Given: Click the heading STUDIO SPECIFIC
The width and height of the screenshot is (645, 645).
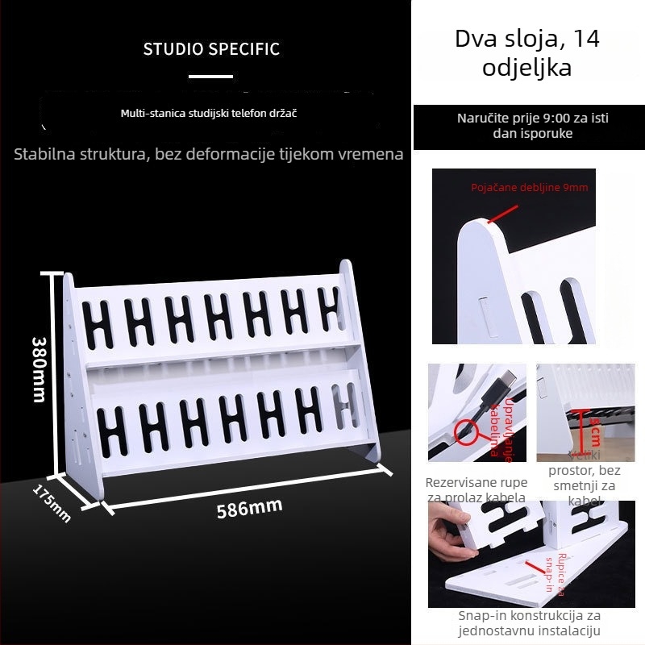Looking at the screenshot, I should click(x=211, y=49).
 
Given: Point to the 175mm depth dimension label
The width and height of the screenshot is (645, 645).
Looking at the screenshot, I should click(x=52, y=502).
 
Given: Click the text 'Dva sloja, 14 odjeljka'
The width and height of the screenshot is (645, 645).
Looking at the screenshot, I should click(x=527, y=52).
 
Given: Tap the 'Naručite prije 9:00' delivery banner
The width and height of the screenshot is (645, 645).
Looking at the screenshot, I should click(x=532, y=126).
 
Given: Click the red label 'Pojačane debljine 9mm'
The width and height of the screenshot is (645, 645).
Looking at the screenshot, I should click(x=530, y=188).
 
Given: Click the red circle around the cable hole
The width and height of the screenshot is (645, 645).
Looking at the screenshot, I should click(x=468, y=432).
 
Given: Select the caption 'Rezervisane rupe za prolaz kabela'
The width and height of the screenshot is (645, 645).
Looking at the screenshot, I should click(x=476, y=489).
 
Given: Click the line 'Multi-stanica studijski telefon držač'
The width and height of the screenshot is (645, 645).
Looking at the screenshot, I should click(x=209, y=114).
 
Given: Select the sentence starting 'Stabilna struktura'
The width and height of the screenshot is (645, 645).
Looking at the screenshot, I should click(x=208, y=153).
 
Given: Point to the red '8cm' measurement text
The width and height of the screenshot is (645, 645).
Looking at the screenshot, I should click(x=595, y=433).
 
